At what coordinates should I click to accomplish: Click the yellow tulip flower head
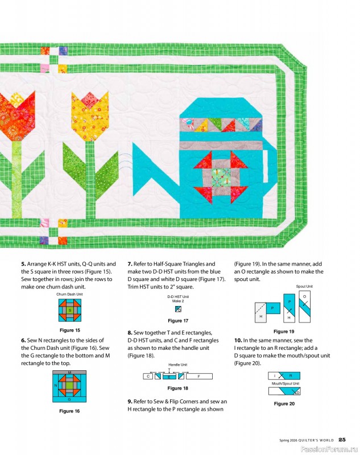coord(89,111)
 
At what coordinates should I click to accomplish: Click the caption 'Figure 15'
coord(69,330)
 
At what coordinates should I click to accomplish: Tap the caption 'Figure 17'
coord(178,321)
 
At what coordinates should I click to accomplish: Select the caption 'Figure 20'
coord(284,403)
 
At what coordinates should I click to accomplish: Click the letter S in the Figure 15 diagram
coord(69,311)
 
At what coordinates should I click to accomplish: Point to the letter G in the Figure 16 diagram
coord(69,399)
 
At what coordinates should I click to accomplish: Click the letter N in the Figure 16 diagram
coord(55,385)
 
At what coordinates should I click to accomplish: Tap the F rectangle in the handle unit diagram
coord(198,377)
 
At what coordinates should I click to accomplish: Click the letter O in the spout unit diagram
coord(304,297)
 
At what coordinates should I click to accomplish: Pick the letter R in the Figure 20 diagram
coord(290,376)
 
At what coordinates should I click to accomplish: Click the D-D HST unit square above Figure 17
coord(178,309)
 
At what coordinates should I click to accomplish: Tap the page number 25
coord(342,439)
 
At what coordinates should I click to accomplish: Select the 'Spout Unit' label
coord(304,286)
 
